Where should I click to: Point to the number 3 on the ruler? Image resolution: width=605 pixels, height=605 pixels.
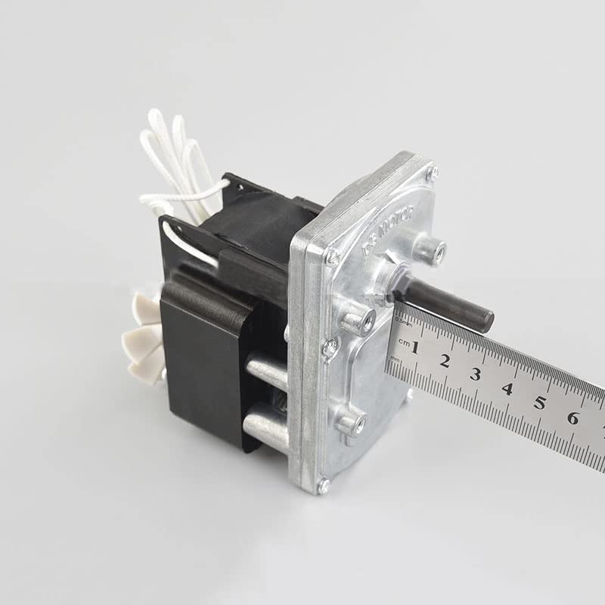coord(476,374)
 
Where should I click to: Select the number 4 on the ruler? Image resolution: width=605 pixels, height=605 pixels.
coord(507,388)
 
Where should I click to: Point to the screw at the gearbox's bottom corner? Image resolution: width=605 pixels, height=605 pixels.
coord(324,486)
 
